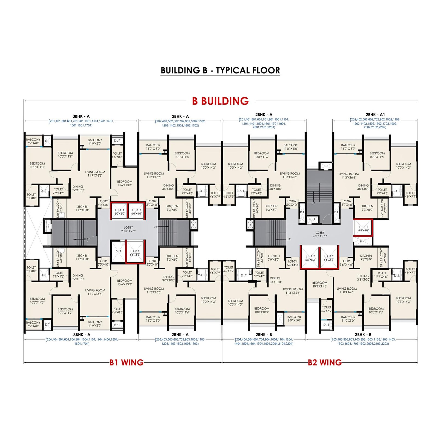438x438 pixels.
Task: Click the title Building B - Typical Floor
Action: point(220,70)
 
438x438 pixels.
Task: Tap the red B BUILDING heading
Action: point(220,101)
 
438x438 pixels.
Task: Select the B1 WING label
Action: point(126,362)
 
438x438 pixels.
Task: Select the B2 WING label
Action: point(325,362)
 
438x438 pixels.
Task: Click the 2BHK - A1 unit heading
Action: point(375,115)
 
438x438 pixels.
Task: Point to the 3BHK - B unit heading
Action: point(363,335)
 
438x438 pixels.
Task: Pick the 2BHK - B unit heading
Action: point(264,335)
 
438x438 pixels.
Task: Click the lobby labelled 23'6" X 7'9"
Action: point(128,229)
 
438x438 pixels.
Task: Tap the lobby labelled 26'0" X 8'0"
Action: point(320,234)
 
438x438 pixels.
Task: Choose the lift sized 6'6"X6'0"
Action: point(363,229)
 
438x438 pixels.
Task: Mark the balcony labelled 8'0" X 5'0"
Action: point(294,318)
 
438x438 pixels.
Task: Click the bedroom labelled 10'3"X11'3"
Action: point(320,284)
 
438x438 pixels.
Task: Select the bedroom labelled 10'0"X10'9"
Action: point(262,310)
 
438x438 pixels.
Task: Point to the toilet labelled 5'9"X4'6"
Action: point(260,274)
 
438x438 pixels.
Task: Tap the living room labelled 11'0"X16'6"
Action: point(347,290)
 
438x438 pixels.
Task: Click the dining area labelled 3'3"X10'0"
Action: point(364,278)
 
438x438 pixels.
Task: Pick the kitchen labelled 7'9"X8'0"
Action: point(274,258)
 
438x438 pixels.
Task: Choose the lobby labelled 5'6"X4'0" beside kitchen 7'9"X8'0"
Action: point(292,263)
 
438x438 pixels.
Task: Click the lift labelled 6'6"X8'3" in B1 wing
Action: point(135,253)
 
